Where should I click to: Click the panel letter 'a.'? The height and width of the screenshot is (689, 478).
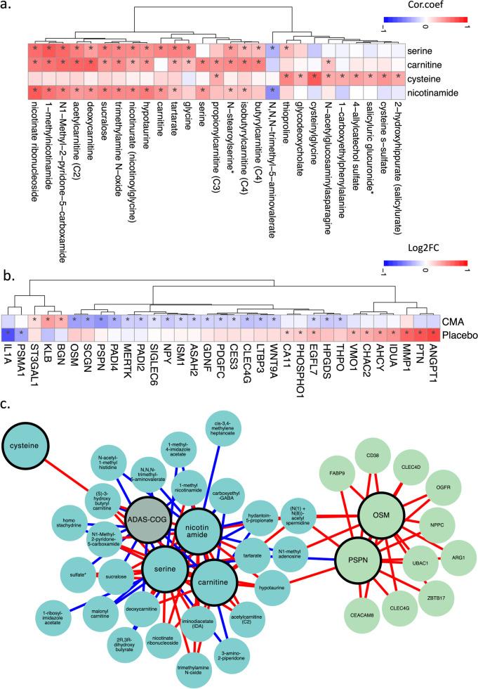pos(8,8)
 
